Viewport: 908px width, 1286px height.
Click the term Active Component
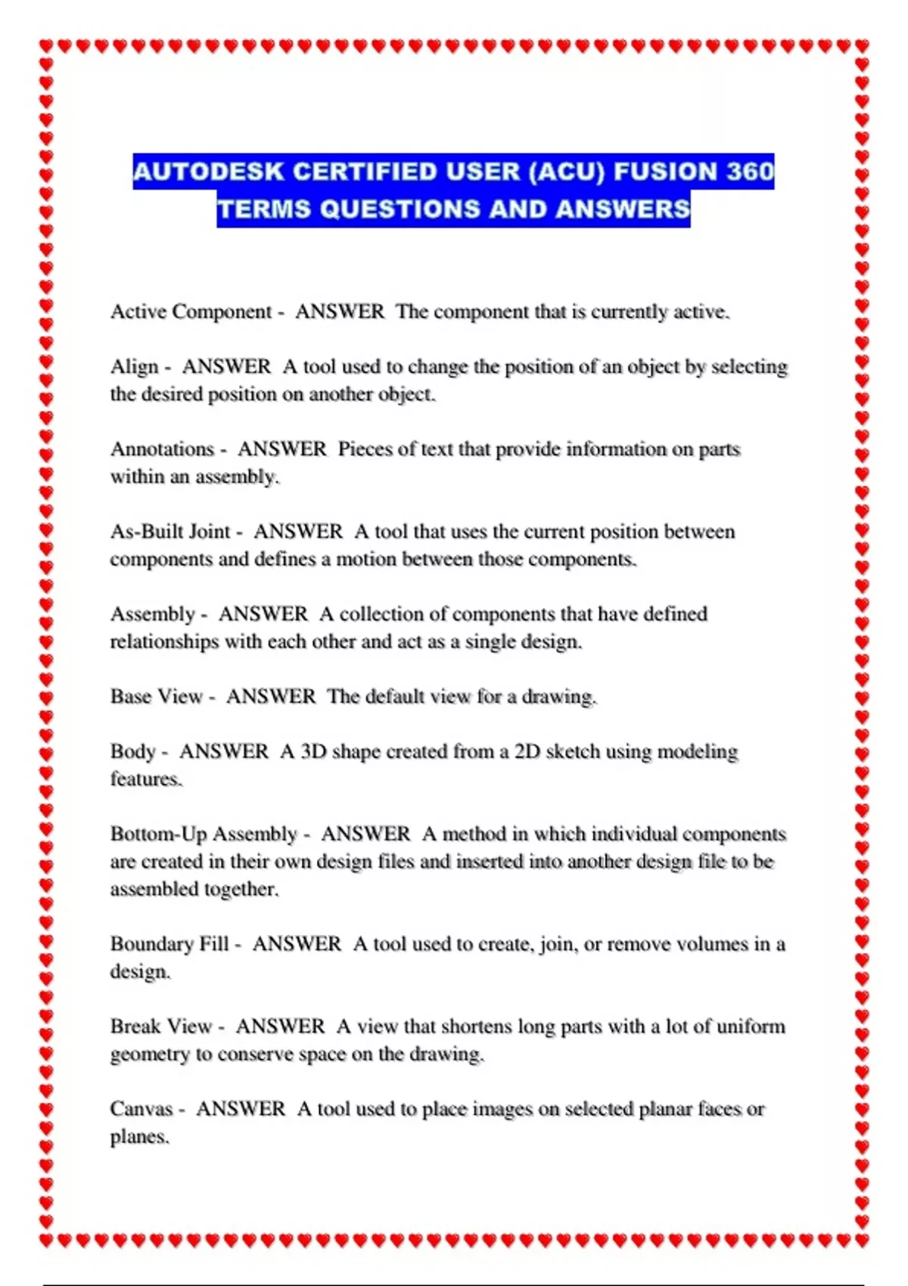(x=191, y=312)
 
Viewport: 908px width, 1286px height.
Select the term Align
(x=135, y=367)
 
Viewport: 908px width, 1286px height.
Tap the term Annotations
(x=163, y=449)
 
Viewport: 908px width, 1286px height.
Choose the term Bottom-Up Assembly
(x=204, y=834)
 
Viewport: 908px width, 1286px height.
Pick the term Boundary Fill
(x=169, y=944)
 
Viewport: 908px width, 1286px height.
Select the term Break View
(x=161, y=1027)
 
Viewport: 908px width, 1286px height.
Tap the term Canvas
(x=141, y=1109)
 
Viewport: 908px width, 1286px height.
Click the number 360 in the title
(x=750, y=172)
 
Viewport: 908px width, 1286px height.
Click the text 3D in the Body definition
(x=313, y=752)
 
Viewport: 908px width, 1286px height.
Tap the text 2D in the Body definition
(x=527, y=752)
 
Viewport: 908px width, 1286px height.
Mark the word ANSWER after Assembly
(x=263, y=614)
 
